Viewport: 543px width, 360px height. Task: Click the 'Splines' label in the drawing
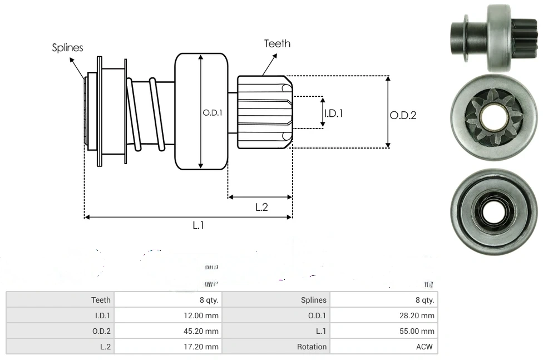67,48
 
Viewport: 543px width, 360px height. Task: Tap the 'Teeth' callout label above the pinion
277,43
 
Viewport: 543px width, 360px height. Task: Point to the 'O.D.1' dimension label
213,112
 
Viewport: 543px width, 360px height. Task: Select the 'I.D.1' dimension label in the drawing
333,113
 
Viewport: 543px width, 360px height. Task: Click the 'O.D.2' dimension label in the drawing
403,115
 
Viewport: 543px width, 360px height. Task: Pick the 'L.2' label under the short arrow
261,207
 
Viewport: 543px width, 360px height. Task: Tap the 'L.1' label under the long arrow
199,225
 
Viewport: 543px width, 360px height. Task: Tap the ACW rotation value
424,347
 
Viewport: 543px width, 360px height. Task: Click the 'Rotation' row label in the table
312,347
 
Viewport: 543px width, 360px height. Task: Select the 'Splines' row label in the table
313,300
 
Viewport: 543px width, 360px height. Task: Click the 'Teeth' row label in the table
101,300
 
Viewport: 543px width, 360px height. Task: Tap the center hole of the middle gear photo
493,117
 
